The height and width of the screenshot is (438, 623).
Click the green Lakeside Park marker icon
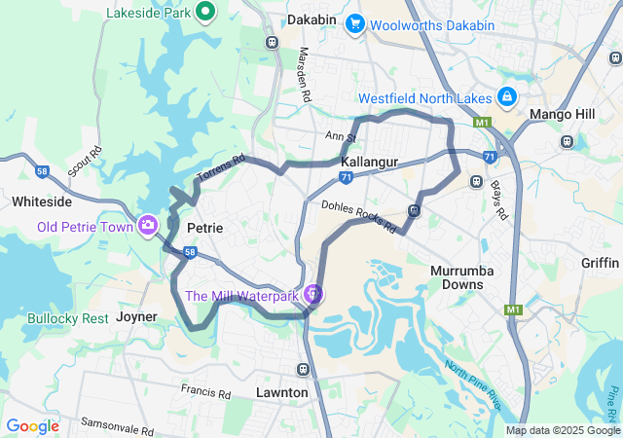[205, 12]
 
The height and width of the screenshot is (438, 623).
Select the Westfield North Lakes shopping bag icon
[507, 97]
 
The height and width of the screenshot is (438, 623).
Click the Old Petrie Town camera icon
[148, 226]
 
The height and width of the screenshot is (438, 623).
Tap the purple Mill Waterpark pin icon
[312, 292]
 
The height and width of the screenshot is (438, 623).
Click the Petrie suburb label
[204, 228]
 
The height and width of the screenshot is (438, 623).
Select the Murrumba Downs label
[457, 276]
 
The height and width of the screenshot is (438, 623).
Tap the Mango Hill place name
[562, 115]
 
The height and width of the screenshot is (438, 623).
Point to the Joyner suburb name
[136, 316]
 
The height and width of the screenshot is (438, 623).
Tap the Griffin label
[600, 263]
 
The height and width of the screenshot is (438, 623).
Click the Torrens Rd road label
[221, 168]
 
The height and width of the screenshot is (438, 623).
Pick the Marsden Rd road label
[305, 75]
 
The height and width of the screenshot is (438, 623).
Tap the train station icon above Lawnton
[304, 370]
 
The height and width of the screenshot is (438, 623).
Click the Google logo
[32, 426]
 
